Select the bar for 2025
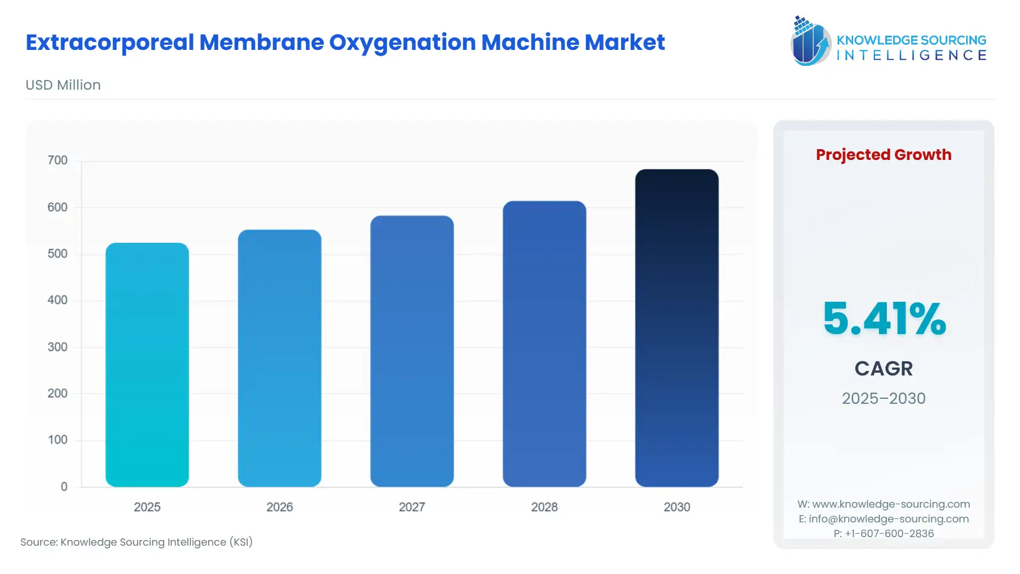(x=147, y=365)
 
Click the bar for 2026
(x=279, y=358)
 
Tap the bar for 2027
(x=412, y=351)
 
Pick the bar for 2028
(x=544, y=344)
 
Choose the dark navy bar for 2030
(x=677, y=328)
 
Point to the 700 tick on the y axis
(x=57, y=161)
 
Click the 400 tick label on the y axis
(x=57, y=300)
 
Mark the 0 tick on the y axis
(x=64, y=487)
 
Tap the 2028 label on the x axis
(x=544, y=507)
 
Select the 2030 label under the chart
(x=677, y=507)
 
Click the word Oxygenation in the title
(x=402, y=43)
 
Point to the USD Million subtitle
(x=63, y=85)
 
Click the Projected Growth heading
(x=883, y=155)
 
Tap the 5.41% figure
(x=884, y=319)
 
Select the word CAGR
(x=883, y=369)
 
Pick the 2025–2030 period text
(x=883, y=398)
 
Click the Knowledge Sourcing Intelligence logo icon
(x=810, y=41)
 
